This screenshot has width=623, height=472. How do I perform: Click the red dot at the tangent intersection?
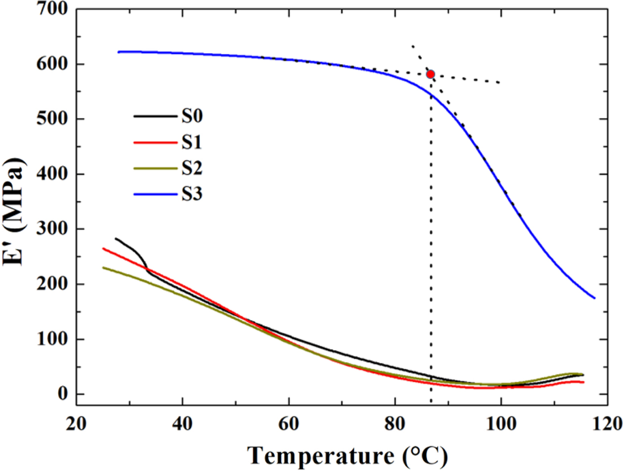click(x=430, y=74)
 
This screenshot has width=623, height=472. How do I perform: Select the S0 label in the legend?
click(x=192, y=116)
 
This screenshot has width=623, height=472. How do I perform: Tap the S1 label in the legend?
click(x=192, y=143)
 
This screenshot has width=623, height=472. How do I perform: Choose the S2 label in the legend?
click(x=192, y=168)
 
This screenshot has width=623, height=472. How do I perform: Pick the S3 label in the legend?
click(x=192, y=194)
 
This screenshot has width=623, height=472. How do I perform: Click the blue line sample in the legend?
click(x=155, y=194)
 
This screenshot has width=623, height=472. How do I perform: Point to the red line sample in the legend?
click(x=155, y=143)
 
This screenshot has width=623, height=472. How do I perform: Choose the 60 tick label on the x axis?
click(x=288, y=424)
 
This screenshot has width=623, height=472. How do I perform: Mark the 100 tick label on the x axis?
click(x=500, y=424)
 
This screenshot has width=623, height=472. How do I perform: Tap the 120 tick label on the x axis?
click(x=606, y=424)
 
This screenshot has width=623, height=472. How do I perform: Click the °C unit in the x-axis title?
click(x=425, y=456)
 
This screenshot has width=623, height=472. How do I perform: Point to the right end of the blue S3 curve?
click(x=594, y=298)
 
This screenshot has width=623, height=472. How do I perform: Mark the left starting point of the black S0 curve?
click(x=116, y=239)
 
